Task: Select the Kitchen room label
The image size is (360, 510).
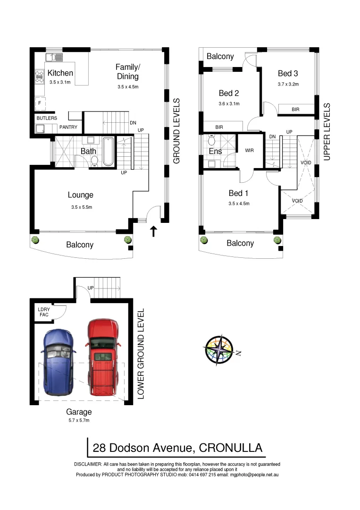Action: click(x=60, y=73)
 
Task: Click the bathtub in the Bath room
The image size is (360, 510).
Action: click(x=108, y=151)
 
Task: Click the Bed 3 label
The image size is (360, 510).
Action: click(x=288, y=73)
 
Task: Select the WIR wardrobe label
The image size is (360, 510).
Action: click(x=250, y=150)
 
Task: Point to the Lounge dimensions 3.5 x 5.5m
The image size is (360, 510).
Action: click(x=80, y=207)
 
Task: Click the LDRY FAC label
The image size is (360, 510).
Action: click(x=43, y=312)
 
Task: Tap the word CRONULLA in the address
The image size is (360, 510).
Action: click(x=231, y=448)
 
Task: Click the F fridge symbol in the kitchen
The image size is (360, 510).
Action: click(x=40, y=102)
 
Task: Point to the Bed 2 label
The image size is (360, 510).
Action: click(x=229, y=93)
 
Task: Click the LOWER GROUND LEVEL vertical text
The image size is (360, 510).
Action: click(x=141, y=354)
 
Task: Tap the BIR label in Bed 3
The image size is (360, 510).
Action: click(x=295, y=110)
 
